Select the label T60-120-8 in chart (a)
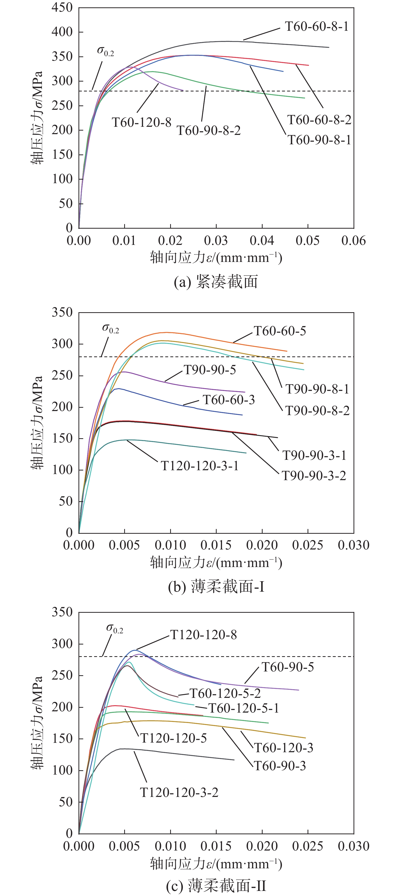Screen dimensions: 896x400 pos(141,122)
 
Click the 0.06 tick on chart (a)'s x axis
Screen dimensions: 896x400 pos(353,241)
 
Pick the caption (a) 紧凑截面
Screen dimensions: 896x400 pos(216,282)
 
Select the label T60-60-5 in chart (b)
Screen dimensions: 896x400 pos(280,331)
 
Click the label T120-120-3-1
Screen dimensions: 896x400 pos(200,466)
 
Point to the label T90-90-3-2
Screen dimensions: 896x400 pos(314,476)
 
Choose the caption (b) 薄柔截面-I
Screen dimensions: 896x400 pos(216,587)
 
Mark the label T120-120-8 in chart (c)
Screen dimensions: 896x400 pos(203,635)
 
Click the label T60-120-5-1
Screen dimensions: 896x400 pos(244,708)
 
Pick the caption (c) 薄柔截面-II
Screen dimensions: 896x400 pos(216,886)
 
